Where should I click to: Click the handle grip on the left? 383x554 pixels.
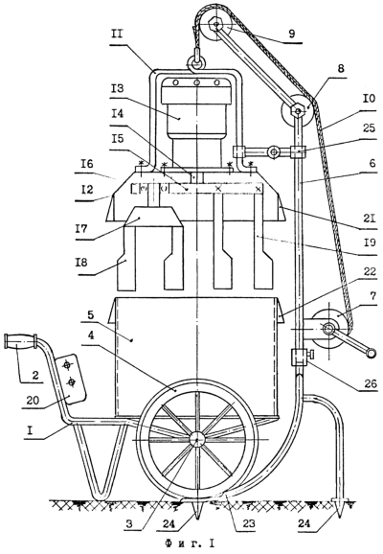pyautogui.click(x=20, y=341)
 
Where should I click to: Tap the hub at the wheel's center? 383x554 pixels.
pyautogui.click(x=197, y=439)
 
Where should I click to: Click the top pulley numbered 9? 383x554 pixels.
pyautogui.click(x=214, y=26)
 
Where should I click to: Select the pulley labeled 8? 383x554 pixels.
pyautogui.click(x=297, y=111)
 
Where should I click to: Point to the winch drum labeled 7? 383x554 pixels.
pyautogui.click(x=328, y=329)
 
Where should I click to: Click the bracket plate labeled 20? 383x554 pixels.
pyautogui.click(x=70, y=379)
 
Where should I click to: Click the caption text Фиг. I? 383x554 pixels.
pyautogui.click(x=190, y=542)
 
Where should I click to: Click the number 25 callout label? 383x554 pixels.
pyautogui.click(x=368, y=127)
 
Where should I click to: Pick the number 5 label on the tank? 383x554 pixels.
pyautogui.click(x=90, y=314)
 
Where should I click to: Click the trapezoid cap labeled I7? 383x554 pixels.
pyautogui.click(x=153, y=216)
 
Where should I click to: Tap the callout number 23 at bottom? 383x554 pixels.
pyautogui.click(x=249, y=523)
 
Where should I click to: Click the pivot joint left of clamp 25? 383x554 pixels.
pyautogui.click(x=273, y=152)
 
